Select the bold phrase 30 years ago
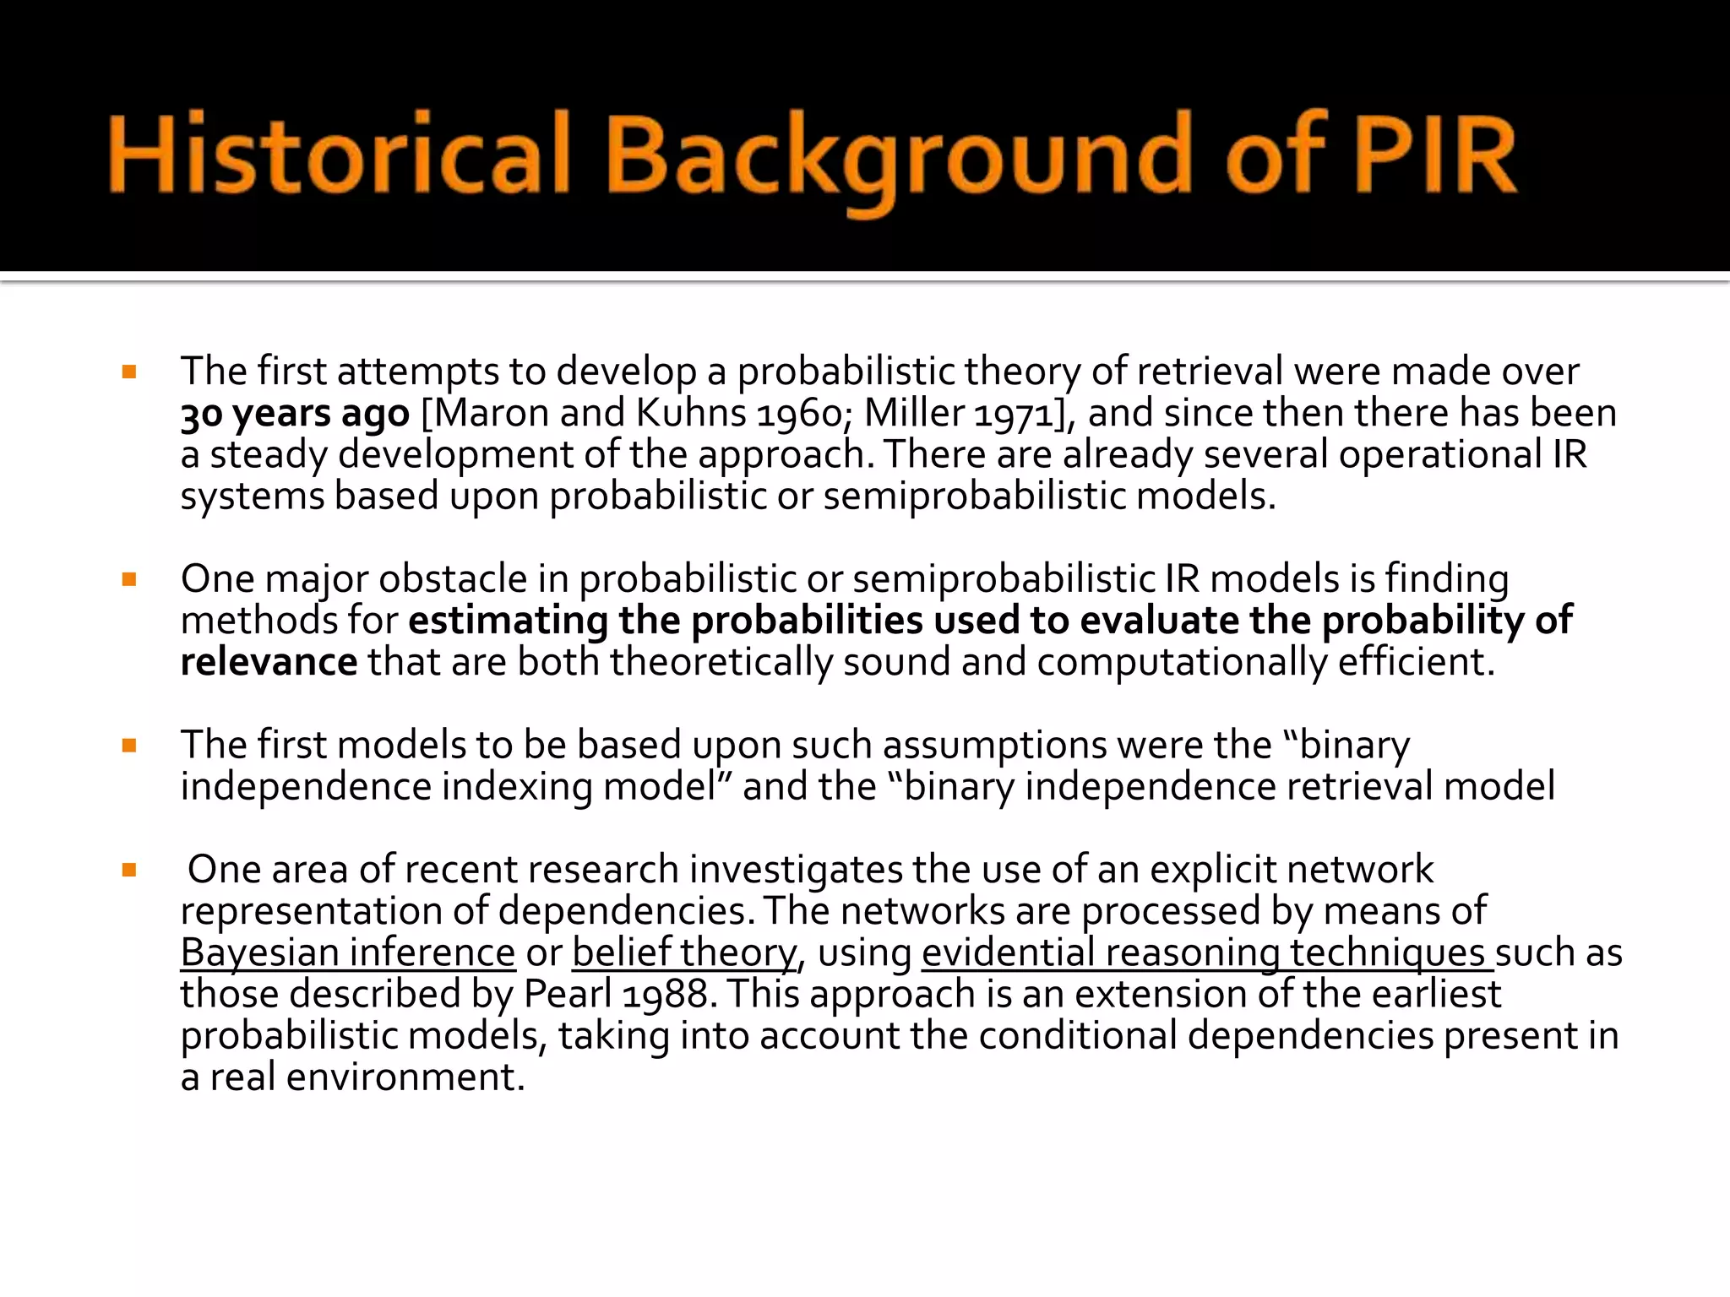(x=295, y=414)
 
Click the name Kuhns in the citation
(x=691, y=414)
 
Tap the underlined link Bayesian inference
(x=348, y=952)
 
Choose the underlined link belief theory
(x=684, y=952)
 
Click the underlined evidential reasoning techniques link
(x=1206, y=952)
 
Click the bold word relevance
(x=269, y=662)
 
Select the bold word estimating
(x=508, y=621)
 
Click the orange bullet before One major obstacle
(x=129, y=579)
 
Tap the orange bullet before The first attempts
(x=129, y=372)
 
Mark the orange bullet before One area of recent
(x=129, y=870)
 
